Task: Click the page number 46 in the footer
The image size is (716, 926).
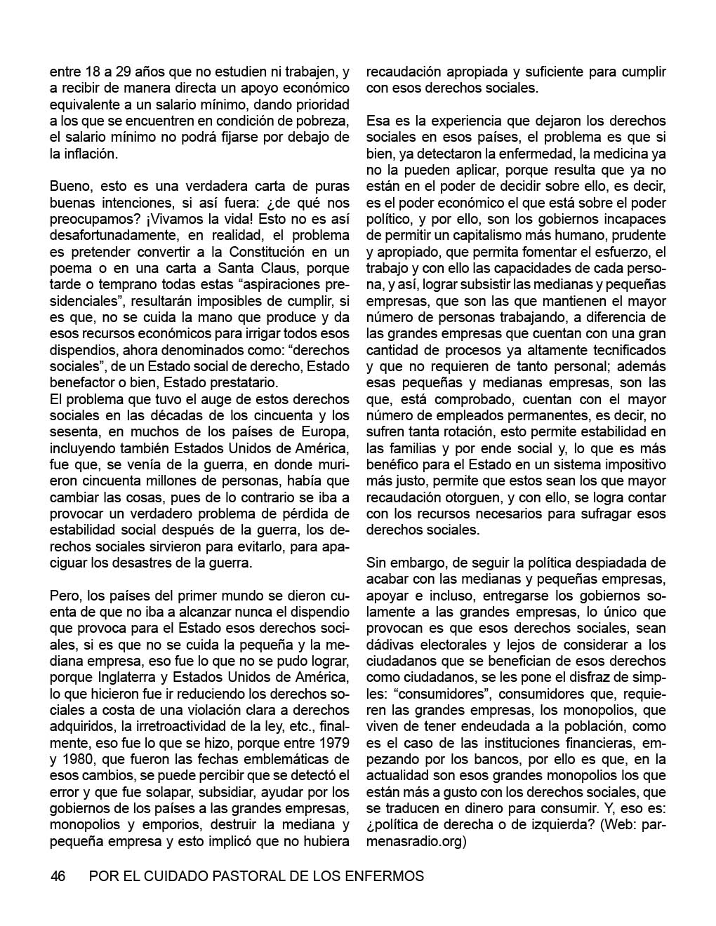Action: pos(58,876)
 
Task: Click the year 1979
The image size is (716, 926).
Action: pos(333,742)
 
